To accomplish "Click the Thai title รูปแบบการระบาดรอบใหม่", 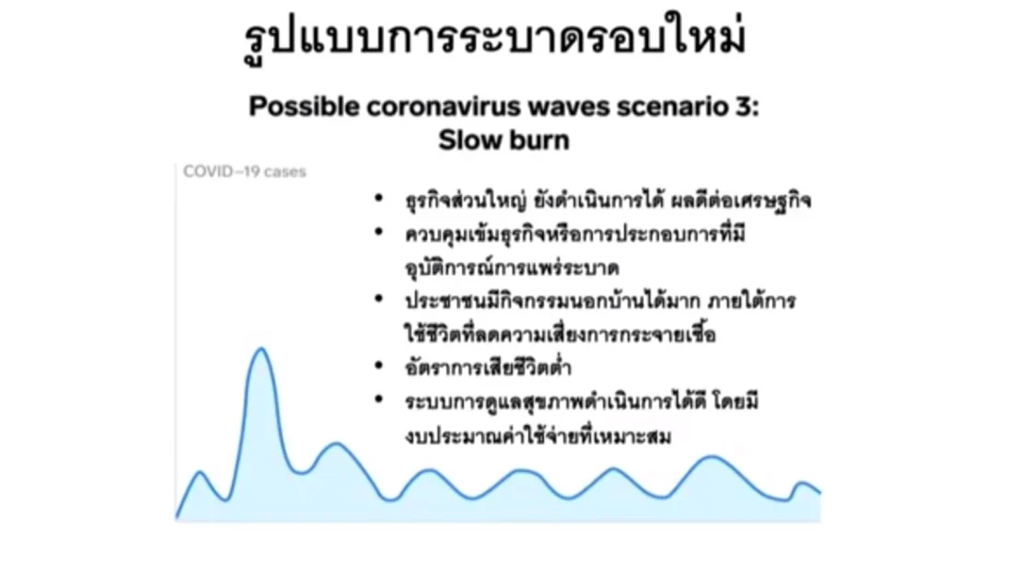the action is (494, 40).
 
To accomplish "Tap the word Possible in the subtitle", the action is (304, 107).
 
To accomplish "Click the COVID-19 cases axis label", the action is (244, 171).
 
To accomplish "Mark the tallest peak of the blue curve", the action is (261, 350).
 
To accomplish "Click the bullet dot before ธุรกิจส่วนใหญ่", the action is (378, 197).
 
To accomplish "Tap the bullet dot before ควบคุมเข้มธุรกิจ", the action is (378, 231).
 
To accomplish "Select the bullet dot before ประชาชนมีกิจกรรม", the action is (378, 298).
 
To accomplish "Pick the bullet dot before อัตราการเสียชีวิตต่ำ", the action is (378, 365).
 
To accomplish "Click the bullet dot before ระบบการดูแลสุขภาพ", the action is (378, 398).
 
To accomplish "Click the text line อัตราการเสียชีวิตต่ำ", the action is (488, 366).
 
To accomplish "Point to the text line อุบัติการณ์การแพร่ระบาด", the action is (512, 268).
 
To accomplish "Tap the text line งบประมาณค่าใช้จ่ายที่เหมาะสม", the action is (538, 435).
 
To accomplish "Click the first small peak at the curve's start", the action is (201, 473).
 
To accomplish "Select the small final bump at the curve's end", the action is (802, 484).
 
